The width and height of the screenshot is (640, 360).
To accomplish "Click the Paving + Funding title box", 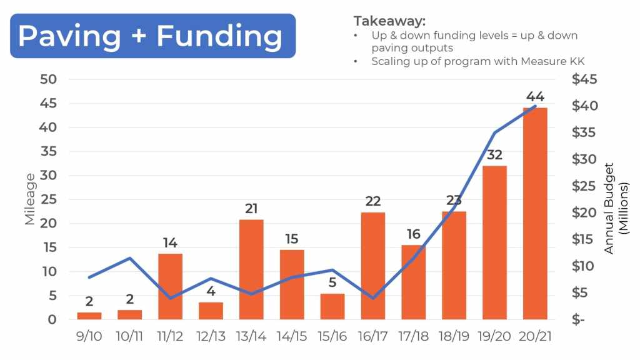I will coord(152,36).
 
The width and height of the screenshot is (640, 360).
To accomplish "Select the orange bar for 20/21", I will coord(536,213).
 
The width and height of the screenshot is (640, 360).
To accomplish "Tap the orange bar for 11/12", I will coord(170,286).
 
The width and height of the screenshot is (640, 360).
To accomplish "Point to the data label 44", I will coord(536,97).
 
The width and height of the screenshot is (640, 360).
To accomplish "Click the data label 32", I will coord(495,154).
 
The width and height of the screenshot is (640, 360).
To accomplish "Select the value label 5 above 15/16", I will coord(332,282).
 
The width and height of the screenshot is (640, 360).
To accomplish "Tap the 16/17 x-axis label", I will coord(373,336).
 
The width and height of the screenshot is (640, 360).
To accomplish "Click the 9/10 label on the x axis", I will coord(89,336).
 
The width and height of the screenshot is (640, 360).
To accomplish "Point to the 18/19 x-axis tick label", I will coord(454,336).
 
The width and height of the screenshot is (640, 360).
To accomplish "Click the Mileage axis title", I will coord(30,199).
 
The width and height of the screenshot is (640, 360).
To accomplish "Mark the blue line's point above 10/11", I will coord(129,258).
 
